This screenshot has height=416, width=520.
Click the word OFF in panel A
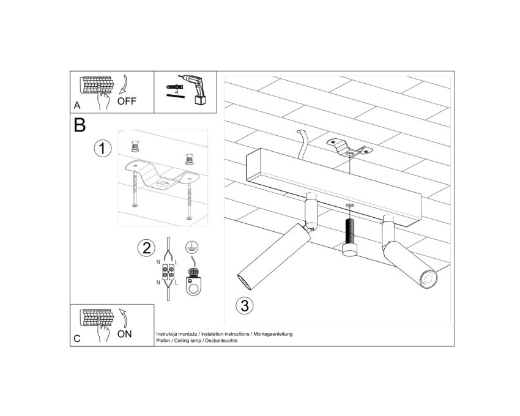tap(127, 101)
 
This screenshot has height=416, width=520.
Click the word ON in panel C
tap(125, 334)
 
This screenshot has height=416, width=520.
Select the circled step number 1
tap(103, 148)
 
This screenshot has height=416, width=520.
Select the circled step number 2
tap(146, 248)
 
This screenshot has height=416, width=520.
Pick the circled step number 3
tap(245, 305)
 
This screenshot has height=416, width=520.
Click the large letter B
tap(80, 125)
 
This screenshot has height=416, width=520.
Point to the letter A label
tap(77, 105)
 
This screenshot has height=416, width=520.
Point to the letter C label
tap(77, 339)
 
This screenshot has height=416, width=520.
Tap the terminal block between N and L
tap(168, 271)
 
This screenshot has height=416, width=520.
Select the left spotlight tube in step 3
tap(275, 256)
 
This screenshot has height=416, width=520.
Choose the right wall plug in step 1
tap(190, 159)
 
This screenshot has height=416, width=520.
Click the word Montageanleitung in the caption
tap(273, 334)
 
